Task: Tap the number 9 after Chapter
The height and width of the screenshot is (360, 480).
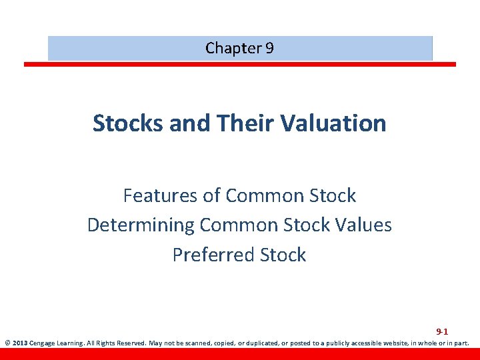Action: [x=269, y=48]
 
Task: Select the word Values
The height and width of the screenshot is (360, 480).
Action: [x=361, y=225]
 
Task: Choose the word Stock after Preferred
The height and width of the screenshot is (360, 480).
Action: [x=283, y=255]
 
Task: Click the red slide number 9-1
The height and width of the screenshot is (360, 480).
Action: [x=442, y=331]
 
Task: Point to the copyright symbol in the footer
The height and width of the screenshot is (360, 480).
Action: [x=7, y=345]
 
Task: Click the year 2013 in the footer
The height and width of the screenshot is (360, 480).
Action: [x=19, y=345]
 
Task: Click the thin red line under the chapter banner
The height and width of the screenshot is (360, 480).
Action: [x=240, y=64]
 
